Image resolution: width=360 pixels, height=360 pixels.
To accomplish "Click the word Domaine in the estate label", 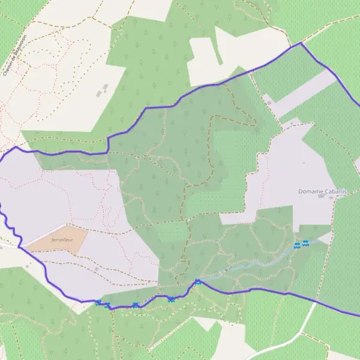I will (x=311, y=191).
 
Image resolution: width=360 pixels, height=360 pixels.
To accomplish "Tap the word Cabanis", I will (x=336, y=191).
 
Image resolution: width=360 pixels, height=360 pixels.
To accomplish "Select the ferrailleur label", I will (x=62, y=239).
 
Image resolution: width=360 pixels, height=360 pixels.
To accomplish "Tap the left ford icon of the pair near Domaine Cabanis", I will (x=297, y=245).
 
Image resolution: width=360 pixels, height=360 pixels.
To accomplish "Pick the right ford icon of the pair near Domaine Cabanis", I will (x=305, y=242).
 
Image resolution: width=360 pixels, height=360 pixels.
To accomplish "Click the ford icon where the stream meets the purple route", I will (x=197, y=281).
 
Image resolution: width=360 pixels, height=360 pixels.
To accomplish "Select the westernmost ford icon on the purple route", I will (x=98, y=302).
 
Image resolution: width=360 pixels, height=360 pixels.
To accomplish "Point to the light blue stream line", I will (x=252, y=265).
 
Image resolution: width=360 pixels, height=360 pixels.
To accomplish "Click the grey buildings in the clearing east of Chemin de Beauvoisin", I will (x=102, y=90).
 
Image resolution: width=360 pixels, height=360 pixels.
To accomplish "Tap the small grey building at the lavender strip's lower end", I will (x=269, y=102).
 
